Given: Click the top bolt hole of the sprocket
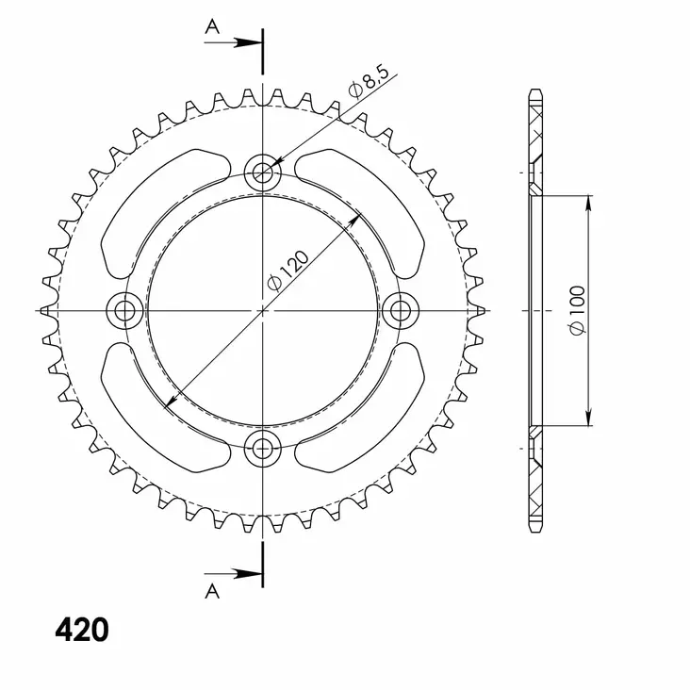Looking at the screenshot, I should point(262,172).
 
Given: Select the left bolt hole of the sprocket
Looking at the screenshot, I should point(124,309).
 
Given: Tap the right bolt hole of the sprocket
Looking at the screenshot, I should point(401,309).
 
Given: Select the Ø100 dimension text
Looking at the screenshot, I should point(578,309).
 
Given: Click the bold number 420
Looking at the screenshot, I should point(81,630).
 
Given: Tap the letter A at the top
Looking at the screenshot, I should point(212,26).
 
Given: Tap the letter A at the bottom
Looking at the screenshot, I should point(212,591).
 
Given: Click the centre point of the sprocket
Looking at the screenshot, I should point(262,309).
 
